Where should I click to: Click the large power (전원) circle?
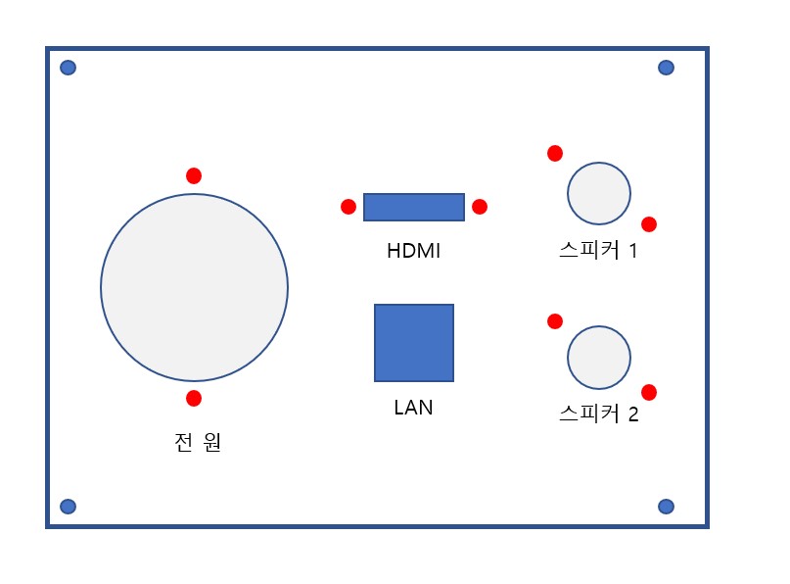(194, 287)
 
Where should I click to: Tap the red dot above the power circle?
(194, 176)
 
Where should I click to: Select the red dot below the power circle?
(194, 399)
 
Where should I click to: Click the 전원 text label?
(198, 442)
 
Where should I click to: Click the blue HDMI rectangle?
(414, 207)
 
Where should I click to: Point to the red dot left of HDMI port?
(349, 207)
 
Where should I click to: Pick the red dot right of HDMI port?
(480, 207)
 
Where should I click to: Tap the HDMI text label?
(414, 251)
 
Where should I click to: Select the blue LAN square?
(414, 343)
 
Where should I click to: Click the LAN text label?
(414, 408)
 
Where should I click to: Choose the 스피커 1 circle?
(599, 193)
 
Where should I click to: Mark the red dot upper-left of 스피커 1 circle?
(555, 153)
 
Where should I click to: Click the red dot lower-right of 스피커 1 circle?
(649, 224)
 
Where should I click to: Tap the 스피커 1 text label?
(598, 251)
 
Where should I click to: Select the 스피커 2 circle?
(599, 357)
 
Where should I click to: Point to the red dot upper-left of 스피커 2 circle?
(555, 321)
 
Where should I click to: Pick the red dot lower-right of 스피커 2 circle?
(649, 392)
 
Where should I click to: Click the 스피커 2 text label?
(599, 414)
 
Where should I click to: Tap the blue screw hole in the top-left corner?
(68, 68)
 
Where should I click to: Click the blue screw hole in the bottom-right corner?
(666, 507)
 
